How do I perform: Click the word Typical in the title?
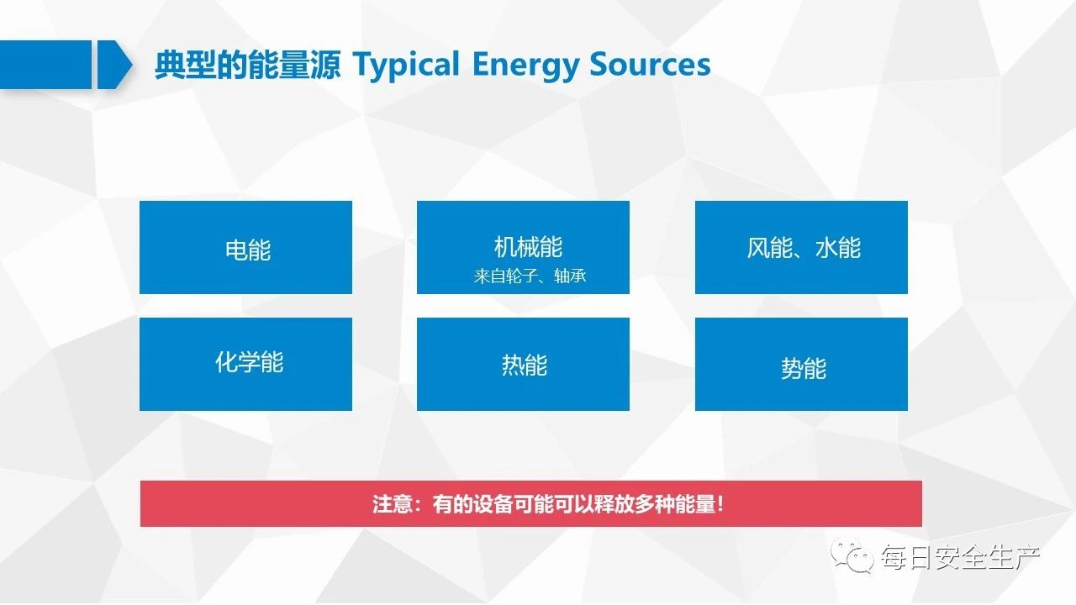pos(406,65)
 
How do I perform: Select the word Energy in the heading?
pos(525,65)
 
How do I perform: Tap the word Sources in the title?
pos(651,65)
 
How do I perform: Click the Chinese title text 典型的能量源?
pos(247,65)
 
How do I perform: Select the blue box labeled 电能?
pos(245,247)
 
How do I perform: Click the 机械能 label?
pos(528,247)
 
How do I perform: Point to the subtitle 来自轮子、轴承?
pos(530,276)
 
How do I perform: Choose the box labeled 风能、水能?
pos(801,247)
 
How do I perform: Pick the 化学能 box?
pos(245,364)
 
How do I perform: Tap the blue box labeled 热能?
pos(523,364)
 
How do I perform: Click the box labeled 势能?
pos(801,364)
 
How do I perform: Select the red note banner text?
pos(547,504)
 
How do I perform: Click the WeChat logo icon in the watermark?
pos(852,555)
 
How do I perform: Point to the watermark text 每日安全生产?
pos(960,557)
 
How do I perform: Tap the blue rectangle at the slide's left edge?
pos(45,65)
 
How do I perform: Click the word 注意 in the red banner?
pos(393,504)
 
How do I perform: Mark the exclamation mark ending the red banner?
pos(720,504)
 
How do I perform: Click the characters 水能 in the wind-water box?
pos(838,248)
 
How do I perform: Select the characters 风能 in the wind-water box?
pos(769,248)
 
